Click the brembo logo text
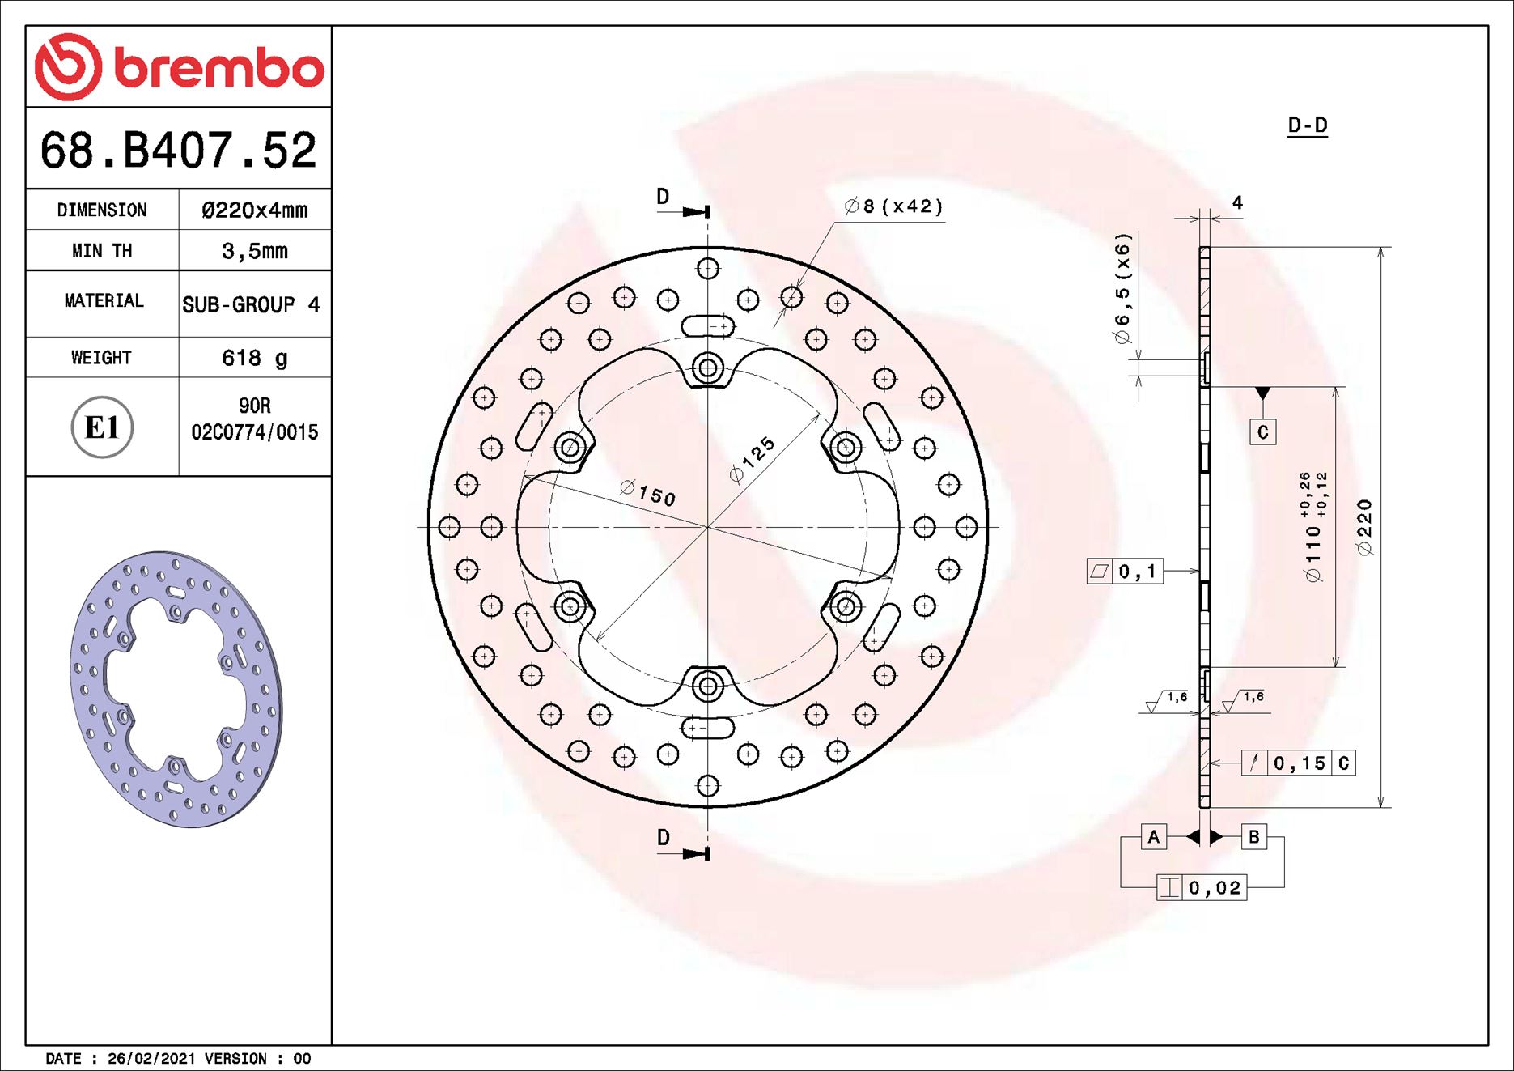tap(218, 68)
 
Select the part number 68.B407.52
tap(178, 151)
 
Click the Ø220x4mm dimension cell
tap(254, 210)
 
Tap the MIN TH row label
tap(102, 251)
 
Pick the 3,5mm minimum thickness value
tap(254, 251)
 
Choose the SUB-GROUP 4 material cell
tap(251, 305)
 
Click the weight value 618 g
tap(254, 358)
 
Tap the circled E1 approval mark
tap(102, 427)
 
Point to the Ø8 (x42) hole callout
tap(893, 206)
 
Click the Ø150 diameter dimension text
tap(647, 492)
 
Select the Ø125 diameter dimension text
tap(752, 460)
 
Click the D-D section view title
tap(1307, 125)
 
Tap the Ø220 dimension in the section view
tap(1365, 528)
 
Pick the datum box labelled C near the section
tap(1262, 432)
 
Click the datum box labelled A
tap(1153, 837)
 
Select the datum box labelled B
tap(1253, 837)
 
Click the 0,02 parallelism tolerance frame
tap(1202, 888)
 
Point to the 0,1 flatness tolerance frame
tap(1125, 572)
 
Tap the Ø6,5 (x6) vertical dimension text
tap(1122, 290)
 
